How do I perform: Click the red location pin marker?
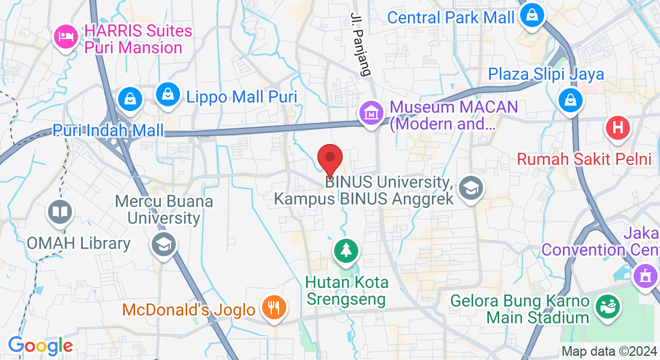329,159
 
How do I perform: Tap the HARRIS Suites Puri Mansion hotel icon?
65,38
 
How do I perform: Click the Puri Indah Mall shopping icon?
130,100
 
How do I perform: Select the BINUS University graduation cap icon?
470,188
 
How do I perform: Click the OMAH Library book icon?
60,212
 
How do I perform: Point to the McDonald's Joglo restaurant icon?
274,308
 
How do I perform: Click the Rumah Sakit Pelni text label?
584,160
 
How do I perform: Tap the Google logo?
40,346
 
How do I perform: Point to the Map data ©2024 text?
608,352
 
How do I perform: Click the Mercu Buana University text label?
165,209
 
